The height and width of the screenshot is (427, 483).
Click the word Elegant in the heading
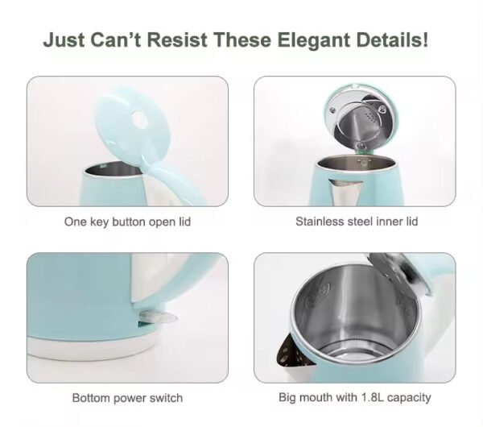314,40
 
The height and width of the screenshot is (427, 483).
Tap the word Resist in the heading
177,39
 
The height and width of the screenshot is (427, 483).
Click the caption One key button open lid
127,222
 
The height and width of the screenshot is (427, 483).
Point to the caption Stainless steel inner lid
357,222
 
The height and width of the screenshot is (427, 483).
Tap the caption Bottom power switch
127,398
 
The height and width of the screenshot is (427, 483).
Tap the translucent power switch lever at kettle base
159,317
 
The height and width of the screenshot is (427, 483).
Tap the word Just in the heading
64,39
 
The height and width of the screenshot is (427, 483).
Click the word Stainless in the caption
320,222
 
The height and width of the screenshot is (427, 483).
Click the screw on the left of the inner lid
332,110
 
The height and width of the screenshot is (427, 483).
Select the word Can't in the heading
115,39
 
